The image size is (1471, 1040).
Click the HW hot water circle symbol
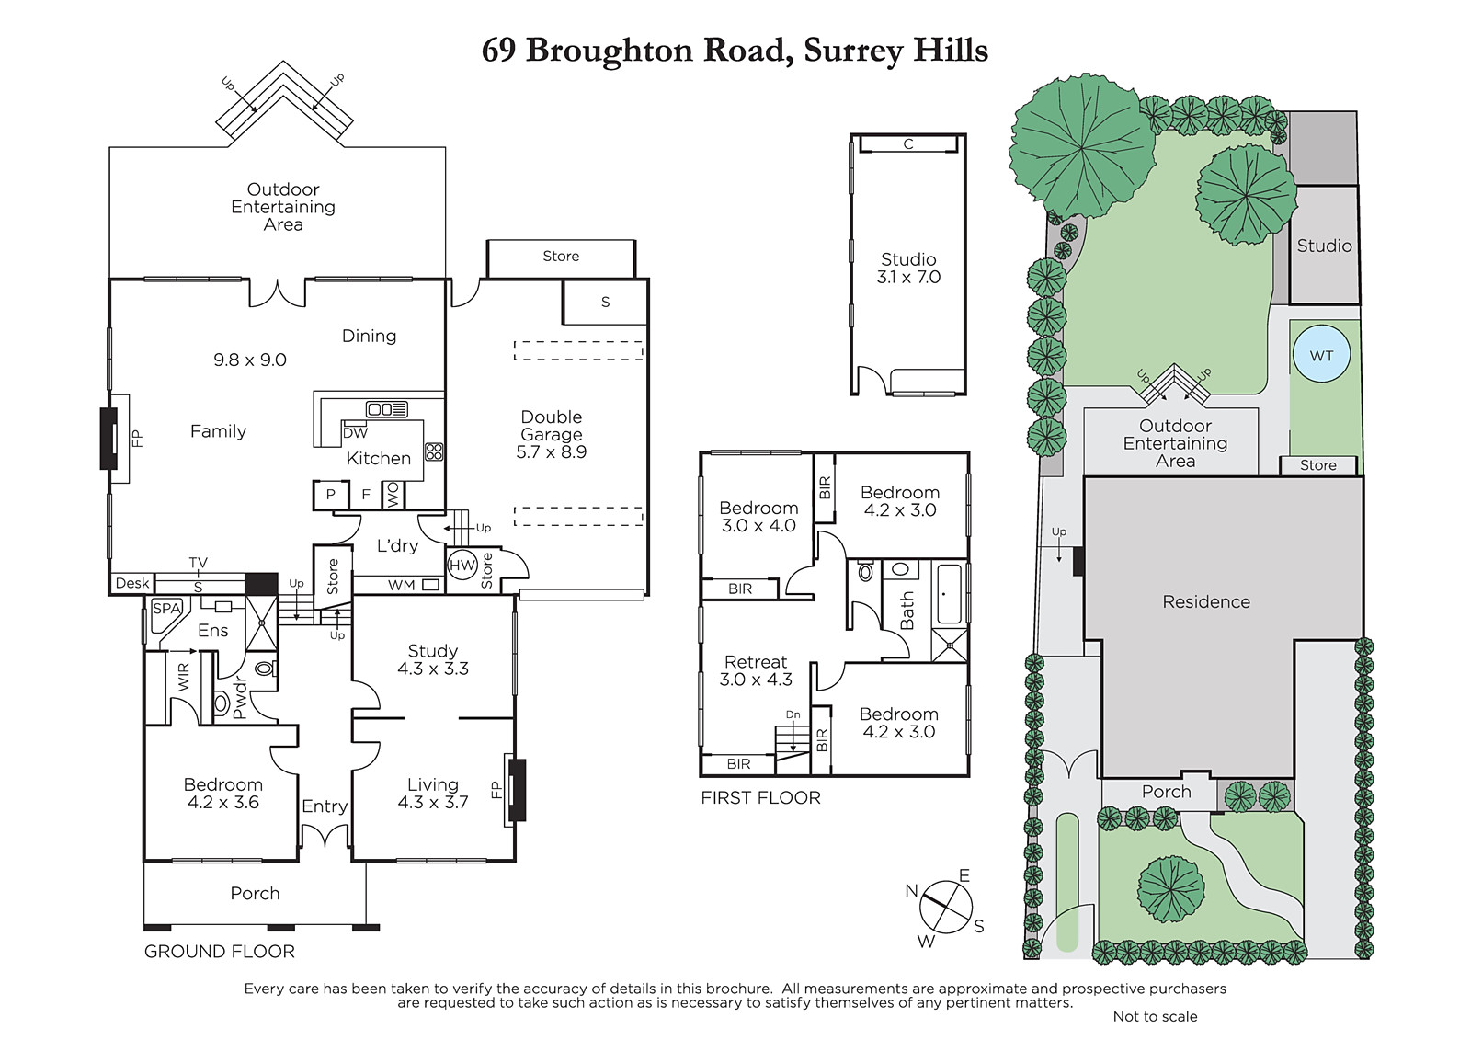[x=462, y=565]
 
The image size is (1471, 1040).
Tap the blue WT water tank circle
[x=1321, y=356]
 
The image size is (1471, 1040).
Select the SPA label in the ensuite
[x=166, y=609]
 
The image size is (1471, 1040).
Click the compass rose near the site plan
[x=946, y=908]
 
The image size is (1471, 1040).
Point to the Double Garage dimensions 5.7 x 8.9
[x=551, y=452]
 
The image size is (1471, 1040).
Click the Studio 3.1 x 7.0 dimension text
[x=908, y=278]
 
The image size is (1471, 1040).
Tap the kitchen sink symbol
[x=387, y=408]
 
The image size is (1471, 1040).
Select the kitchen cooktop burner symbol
[x=434, y=451]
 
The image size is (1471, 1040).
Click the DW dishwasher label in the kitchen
[x=355, y=433]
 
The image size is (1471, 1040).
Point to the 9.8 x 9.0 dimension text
[x=249, y=360]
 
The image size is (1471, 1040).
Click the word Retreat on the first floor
[x=755, y=661]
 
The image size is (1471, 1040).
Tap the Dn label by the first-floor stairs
[x=793, y=714]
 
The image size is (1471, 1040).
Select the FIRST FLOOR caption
[x=760, y=797]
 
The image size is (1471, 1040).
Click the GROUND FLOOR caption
[x=220, y=952]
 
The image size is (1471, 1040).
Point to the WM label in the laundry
[x=401, y=585]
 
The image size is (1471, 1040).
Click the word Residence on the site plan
[x=1206, y=601]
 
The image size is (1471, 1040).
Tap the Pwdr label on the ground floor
[x=239, y=698]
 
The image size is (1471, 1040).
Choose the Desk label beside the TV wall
[x=132, y=583]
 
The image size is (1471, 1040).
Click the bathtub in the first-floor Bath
[x=949, y=594]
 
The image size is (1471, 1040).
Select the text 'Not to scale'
[x=1155, y=1016]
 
